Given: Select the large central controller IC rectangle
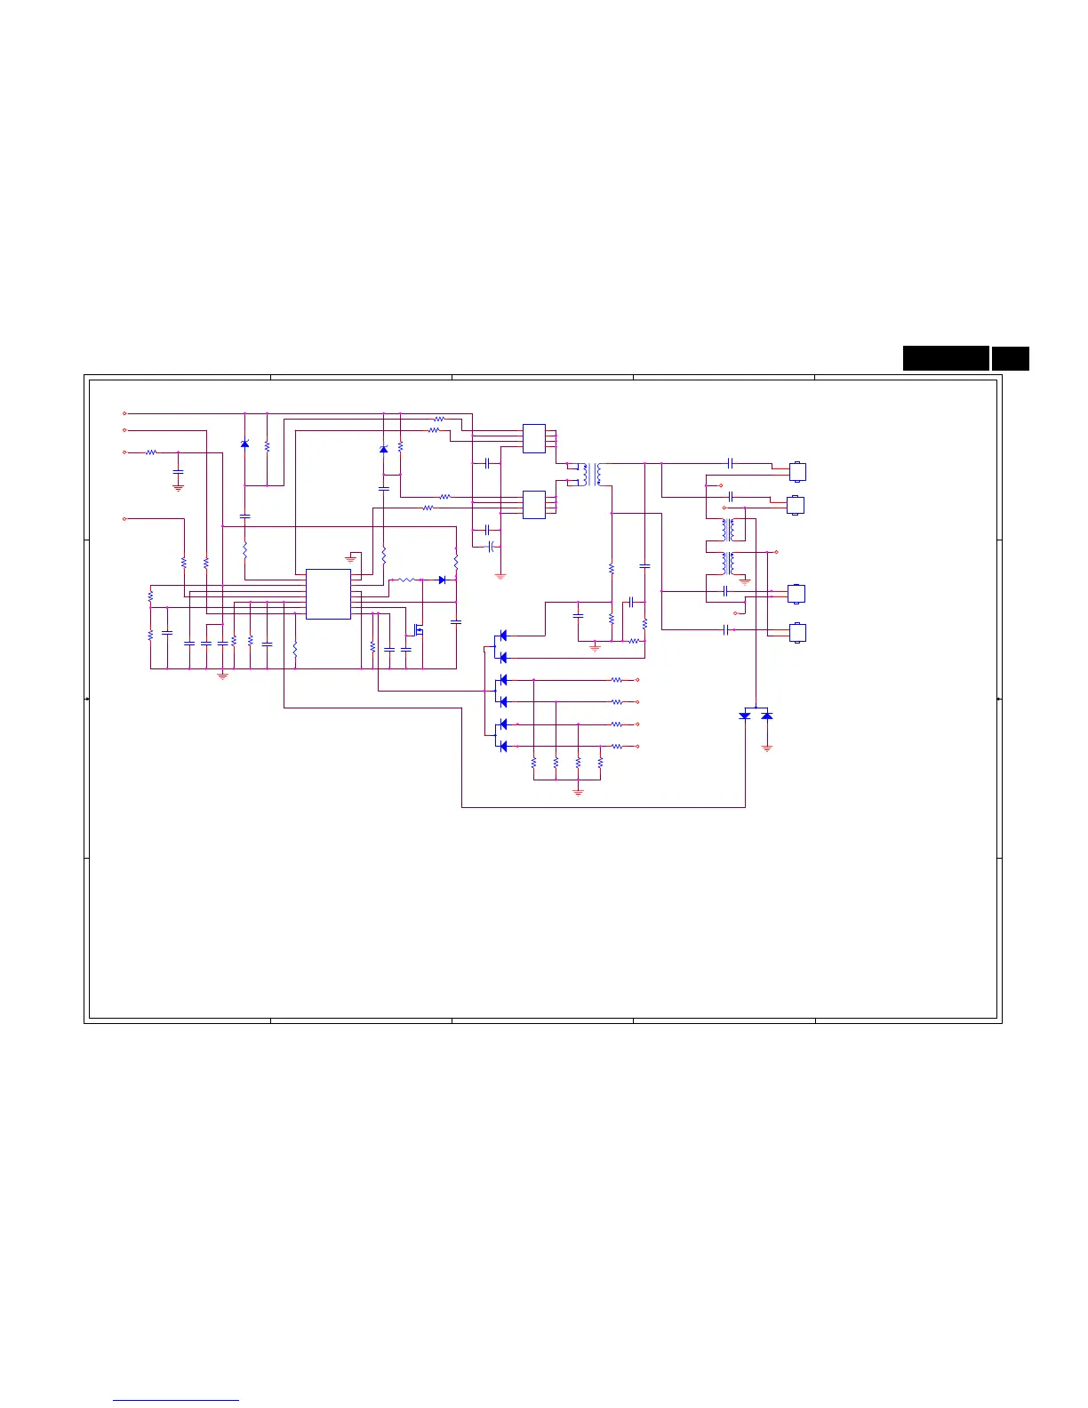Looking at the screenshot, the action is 328,594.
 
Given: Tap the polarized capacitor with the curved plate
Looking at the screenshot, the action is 490,546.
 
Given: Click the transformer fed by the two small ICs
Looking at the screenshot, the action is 591,474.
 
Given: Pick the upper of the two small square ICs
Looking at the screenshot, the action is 533,439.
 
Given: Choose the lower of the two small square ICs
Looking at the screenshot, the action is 533,505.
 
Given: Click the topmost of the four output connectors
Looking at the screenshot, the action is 797,471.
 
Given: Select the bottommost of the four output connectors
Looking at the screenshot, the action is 797,633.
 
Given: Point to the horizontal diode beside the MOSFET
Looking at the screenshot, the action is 442,580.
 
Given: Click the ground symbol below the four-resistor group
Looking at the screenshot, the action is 578,791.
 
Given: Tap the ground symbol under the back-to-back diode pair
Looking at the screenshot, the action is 767,748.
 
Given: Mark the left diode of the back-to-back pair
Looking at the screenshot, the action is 745,716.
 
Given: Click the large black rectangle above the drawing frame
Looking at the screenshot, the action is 946,358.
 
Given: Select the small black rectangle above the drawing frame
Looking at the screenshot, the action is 1011,358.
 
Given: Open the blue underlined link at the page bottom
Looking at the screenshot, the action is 176,1400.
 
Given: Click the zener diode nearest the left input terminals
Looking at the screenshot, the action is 244,444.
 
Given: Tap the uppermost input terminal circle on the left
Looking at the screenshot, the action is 124,413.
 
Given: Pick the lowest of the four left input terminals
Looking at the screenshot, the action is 124,518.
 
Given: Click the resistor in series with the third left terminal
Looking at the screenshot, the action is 151,452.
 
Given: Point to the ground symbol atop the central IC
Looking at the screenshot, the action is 350,558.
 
